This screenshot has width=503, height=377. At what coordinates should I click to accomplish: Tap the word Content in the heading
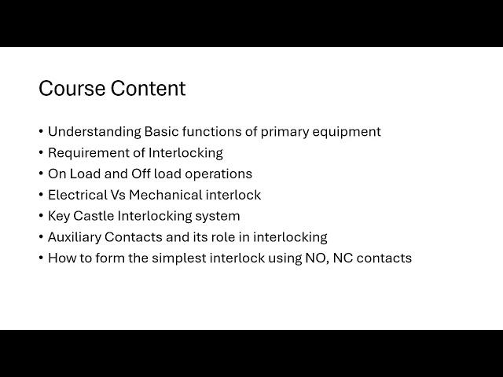[x=148, y=89]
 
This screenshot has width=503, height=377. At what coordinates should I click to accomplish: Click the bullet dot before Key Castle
[x=41, y=216]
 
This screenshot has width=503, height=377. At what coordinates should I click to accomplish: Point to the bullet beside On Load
[x=41, y=174]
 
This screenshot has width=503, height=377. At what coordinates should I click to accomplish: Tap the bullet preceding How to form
[x=41, y=258]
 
